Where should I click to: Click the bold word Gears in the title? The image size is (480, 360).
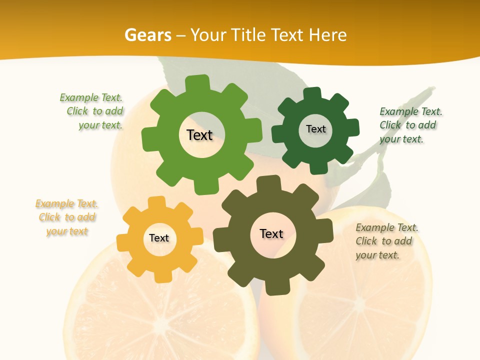pos(147,35)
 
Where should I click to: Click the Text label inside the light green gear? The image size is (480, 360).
pos(199,135)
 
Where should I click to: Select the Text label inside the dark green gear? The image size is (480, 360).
pos(315,129)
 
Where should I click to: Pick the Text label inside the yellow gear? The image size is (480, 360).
pos(159,238)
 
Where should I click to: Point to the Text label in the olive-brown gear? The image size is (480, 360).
pos(271,234)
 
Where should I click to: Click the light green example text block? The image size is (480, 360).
pos(93,111)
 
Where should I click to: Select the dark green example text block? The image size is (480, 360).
pos(410,125)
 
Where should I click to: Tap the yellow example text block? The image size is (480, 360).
pos(67,217)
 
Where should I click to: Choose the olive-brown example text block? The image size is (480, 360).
pos(386,241)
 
